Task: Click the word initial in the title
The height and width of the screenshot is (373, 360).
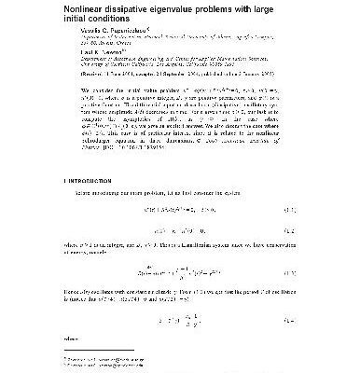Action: [x=76, y=23]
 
